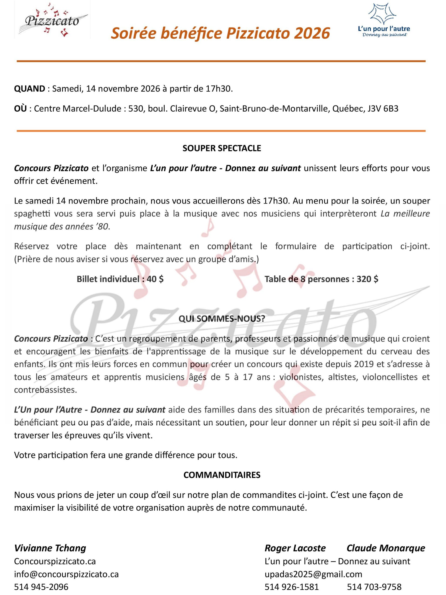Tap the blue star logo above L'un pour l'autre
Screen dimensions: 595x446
click(382, 13)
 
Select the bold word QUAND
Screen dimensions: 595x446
click(29, 89)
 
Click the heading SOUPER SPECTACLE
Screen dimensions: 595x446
click(222, 148)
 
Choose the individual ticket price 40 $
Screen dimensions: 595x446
click(155, 279)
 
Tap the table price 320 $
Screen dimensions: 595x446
click(367, 279)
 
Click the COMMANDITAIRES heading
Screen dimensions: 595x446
click(222, 475)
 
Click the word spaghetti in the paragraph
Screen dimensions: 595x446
click(31, 214)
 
